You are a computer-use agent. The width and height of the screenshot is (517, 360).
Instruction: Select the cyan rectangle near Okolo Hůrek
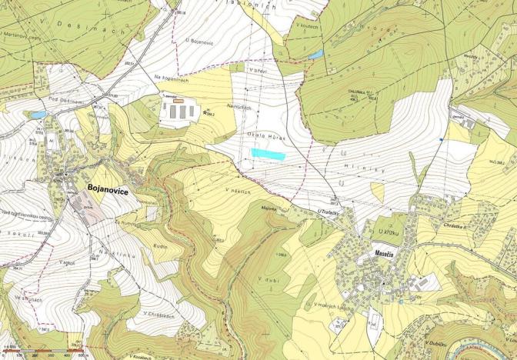(268, 154)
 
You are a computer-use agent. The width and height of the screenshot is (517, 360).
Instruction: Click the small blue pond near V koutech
(315, 55)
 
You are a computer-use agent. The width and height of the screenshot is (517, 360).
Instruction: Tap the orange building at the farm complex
(178, 100)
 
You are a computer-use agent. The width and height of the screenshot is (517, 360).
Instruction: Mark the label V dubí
(267, 277)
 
